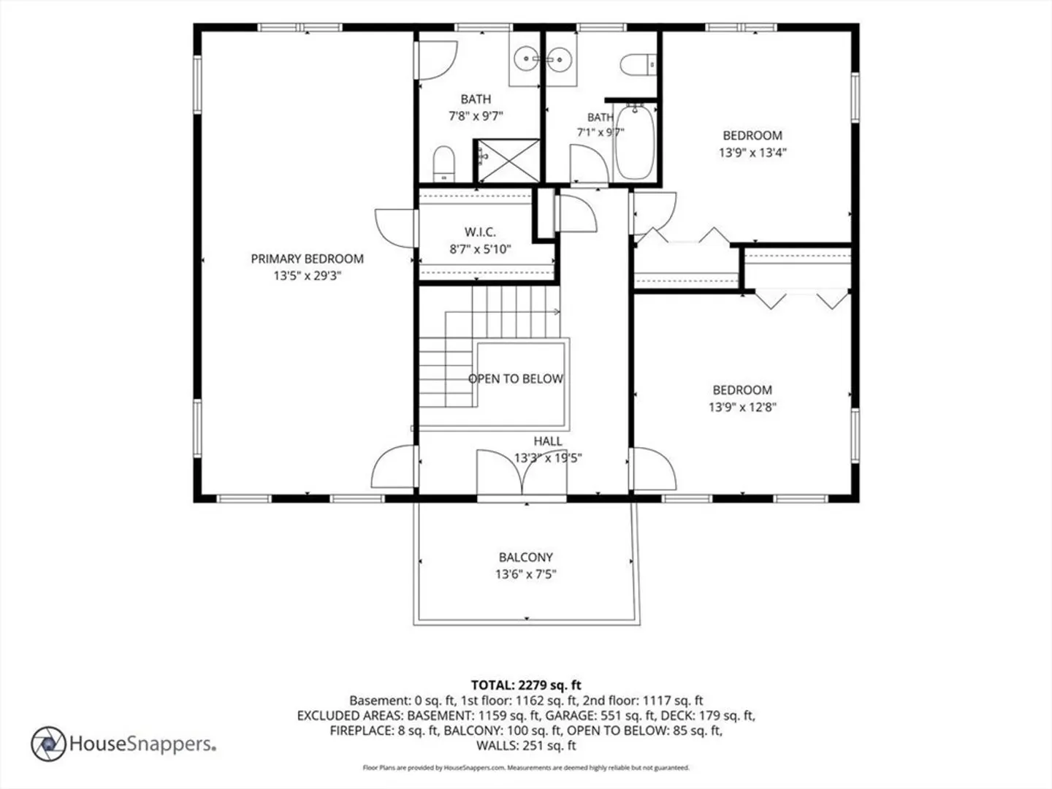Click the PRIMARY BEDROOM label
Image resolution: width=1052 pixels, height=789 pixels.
(308, 259)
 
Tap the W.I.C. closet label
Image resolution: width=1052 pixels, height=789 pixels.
(480, 232)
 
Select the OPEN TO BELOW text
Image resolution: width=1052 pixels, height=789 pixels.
(516, 379)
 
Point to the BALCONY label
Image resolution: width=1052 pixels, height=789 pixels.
(526, 557)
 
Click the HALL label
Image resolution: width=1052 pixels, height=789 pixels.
(548, 441)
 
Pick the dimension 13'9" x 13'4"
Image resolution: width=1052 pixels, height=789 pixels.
(752, 153)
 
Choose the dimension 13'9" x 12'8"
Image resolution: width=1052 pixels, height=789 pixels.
(742, 407)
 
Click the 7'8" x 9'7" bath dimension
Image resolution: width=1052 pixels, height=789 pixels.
(476, 116)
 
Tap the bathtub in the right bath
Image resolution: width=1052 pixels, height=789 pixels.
(635, 142)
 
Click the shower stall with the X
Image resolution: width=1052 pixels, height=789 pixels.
(508, 161)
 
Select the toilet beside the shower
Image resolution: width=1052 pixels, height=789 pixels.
(443, 164)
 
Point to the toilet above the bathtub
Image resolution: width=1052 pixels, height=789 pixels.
(639, 65)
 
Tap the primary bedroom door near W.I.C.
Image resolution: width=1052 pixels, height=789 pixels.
(395, 228)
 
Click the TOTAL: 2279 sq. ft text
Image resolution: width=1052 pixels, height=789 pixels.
(526, 685)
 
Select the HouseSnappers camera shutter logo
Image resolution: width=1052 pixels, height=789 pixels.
(48, 744)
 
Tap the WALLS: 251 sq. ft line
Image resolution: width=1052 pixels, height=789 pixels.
(526, 745)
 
